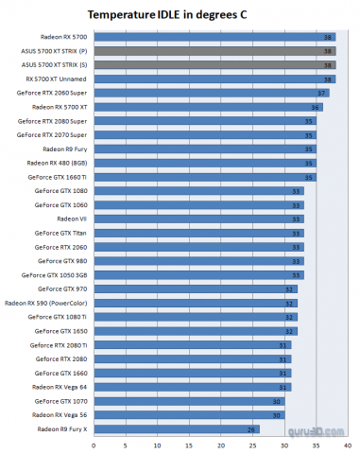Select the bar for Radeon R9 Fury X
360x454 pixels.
pyautogui.click(x=176, y=428)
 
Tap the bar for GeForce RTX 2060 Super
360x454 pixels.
pyautogui.click(x=211, y=93)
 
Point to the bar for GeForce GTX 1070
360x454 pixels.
pyautogui.click(x=188, y=400)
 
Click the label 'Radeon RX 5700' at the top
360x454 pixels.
pyautogui.click(x=63, y=37)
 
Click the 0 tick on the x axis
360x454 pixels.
pyautogui.click(x=93, y=444)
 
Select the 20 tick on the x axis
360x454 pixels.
pyautogui.click(x=220, y=444)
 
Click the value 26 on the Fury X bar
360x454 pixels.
pyautogui.click(x=251, y=428)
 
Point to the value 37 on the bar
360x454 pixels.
pyautogui.click(x=322, y=93)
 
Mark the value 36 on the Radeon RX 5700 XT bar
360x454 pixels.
pyautogui.click(x=316, y=107)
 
